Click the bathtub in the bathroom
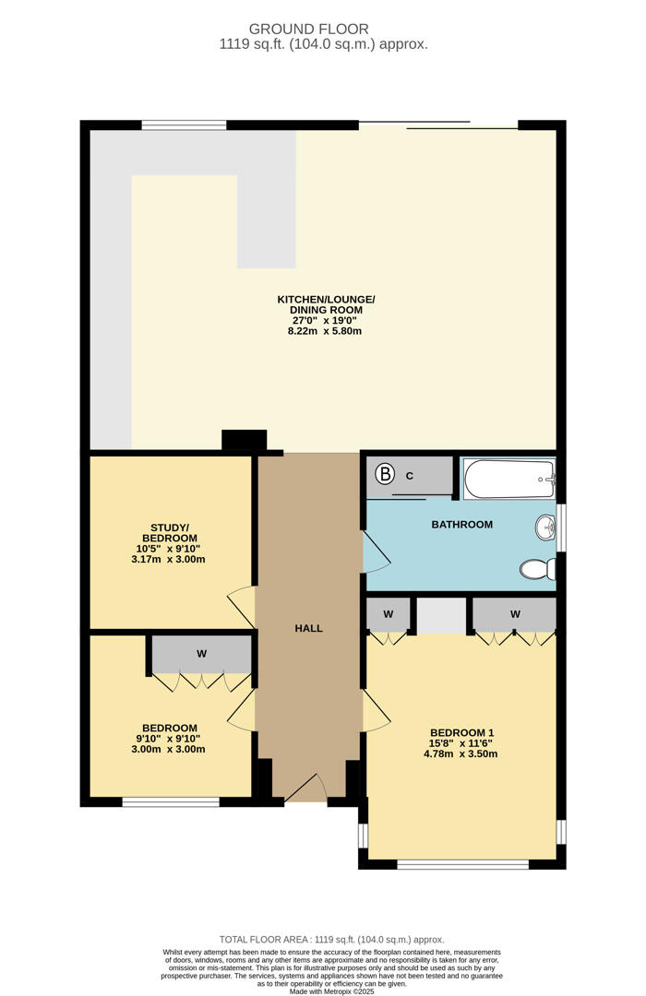pyautogui.click(x=508, y=480)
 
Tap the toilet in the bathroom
pyautogui.click(x=537, y=569)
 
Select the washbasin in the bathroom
pyautogui.click(x=544, y=528)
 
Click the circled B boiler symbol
pyautogui.click(x=386, y=475)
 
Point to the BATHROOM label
pyautogui.click(x=461, y=525)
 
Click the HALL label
pyautogui.click(x=308, y=628)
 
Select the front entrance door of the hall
pyautogui.click(x=306, y=787)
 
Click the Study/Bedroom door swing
pyautogui.click(x=242, y=605)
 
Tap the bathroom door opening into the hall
pyautogui.click(x=377, y=553)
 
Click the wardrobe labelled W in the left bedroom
pyautogui.click(x=201, y=654)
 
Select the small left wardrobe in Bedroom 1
pyautogui.click(x=389, y=614)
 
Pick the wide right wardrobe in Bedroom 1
pyautogui.click(x=514, y=614)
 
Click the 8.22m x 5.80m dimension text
pyautogui.click(x=325, y=330)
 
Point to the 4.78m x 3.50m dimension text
pyautogui.click(x=460, y=753)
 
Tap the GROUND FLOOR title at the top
pyautogui.click(x=323, y=29)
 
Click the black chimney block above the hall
pyautogui.click(x=244, y=441)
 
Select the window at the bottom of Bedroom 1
pyautogui.click(x=462, y=864)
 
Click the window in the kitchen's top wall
pyautogui.click(x=184, y=125)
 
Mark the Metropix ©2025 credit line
pyautogui.click(x=323, y=990)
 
